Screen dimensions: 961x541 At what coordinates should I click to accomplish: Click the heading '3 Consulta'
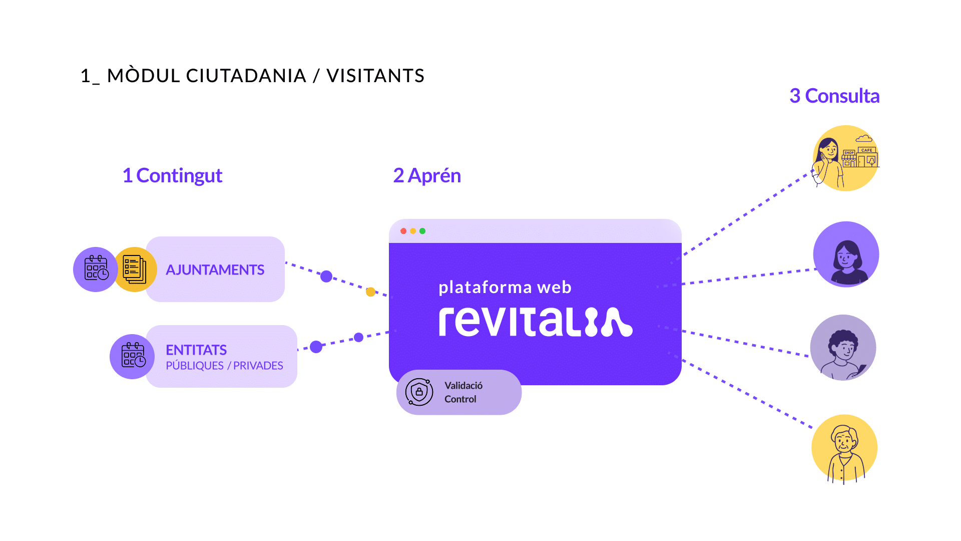[x=834, y=96]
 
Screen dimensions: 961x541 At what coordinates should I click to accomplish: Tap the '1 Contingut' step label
[x=172, y=176]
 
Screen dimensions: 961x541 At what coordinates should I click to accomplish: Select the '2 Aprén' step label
[x=427, y=176]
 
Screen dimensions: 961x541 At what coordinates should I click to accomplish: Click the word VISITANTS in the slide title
[x=375, y=76]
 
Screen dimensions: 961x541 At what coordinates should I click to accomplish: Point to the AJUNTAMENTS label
[x=215, y=270]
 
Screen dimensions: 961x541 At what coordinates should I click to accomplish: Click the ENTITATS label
[x=196, y=350]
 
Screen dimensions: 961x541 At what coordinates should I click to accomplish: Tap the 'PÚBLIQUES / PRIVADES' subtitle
[x=224, y=366]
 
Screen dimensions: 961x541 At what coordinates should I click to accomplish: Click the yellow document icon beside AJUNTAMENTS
[x=135, y=269]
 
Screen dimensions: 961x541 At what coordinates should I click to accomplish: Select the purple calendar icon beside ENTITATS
[x=133, y=356]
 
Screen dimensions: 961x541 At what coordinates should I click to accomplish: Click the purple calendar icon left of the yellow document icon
[x=96, y=269]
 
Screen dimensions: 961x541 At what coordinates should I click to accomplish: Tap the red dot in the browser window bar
[x=403, y=231]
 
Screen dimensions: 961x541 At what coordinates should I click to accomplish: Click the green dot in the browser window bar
[x=422, y=231]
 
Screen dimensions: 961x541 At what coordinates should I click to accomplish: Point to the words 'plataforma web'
[x=505, y=288]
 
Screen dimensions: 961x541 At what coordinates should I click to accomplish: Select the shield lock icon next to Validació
[x=419, y=392]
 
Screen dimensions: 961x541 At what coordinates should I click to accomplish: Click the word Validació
[x=463, y=385]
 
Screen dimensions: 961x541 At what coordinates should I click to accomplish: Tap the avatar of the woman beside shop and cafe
[x=845, y=158]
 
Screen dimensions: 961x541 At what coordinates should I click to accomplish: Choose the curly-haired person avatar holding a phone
[x=843, y=347]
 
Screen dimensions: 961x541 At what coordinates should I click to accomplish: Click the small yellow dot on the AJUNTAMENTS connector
[x=370, y=292]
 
